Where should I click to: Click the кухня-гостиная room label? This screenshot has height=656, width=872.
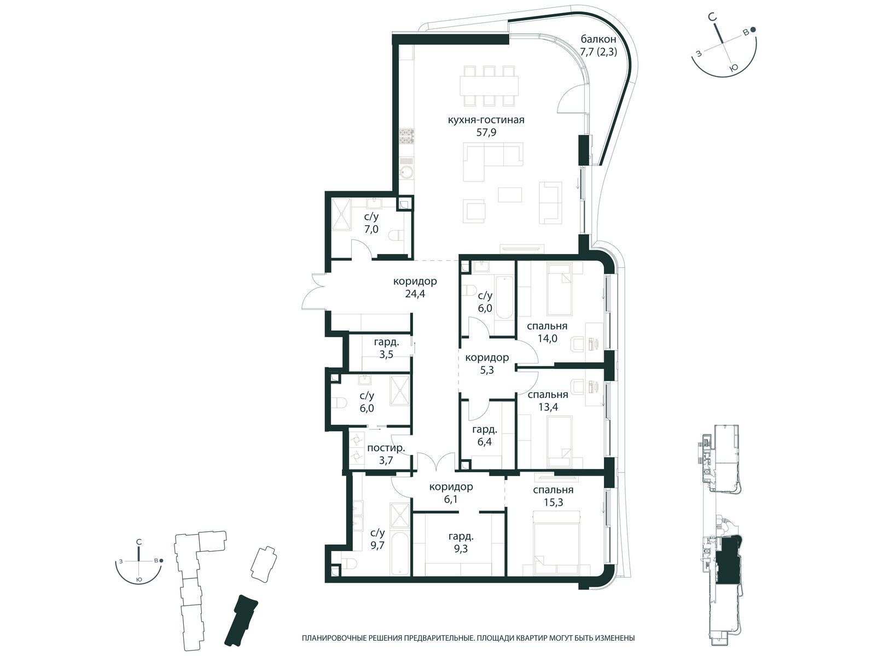click(x=486, y=120)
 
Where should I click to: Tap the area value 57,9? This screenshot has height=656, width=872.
click(x=486, y=132)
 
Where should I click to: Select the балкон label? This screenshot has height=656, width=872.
click(x=598, y=39)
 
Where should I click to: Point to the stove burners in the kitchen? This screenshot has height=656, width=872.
click(x=407, y=137)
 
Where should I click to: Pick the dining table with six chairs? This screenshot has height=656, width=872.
click(x=489, y=86)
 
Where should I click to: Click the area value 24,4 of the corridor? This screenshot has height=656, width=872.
click(x=415, y=294)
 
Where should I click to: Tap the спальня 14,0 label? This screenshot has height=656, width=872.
click(x=547, y=332)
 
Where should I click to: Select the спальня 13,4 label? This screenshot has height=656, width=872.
click(x=548, y=400)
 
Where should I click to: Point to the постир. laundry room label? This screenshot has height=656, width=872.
click(x=386, y=448)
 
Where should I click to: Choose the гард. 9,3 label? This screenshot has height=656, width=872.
click(x=461, y=542)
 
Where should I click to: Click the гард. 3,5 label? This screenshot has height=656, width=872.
click(x=386, y=348)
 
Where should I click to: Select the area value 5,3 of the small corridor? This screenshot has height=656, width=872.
click(x=487, y=370)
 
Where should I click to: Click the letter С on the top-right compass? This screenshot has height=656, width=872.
click(x=713, y=28)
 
